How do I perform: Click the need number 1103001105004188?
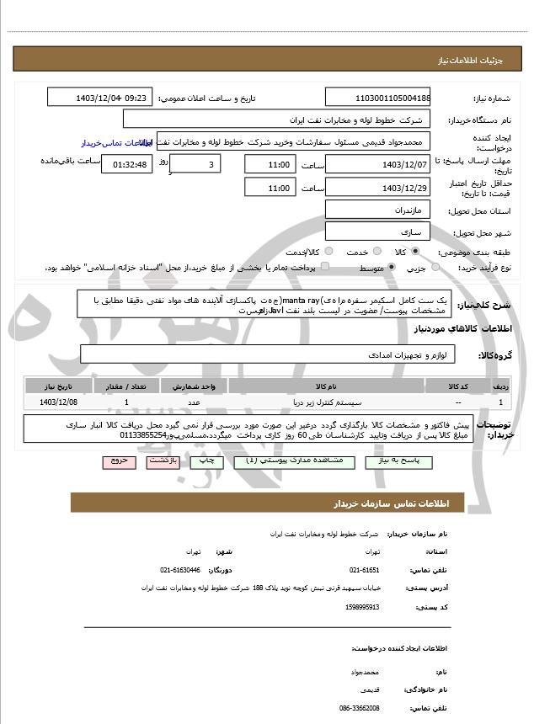[x=376, y=98]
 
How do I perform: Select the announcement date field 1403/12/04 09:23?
[x=100, y=98]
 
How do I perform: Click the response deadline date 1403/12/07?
[x=376, y=163]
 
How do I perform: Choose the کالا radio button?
[x=414, y=252]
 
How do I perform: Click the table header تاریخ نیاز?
[x=56, y=386]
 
